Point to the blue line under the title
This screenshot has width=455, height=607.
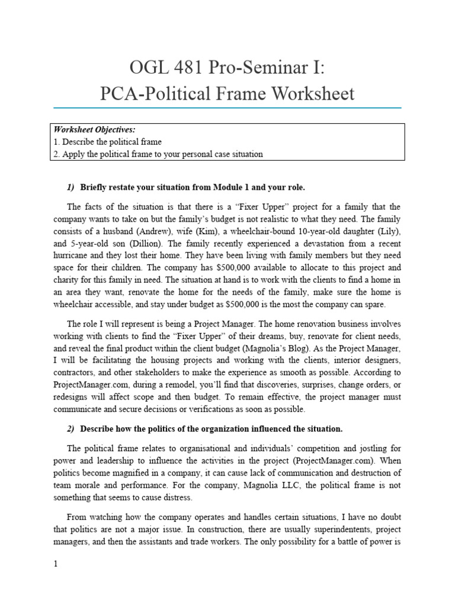pos(227,108)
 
